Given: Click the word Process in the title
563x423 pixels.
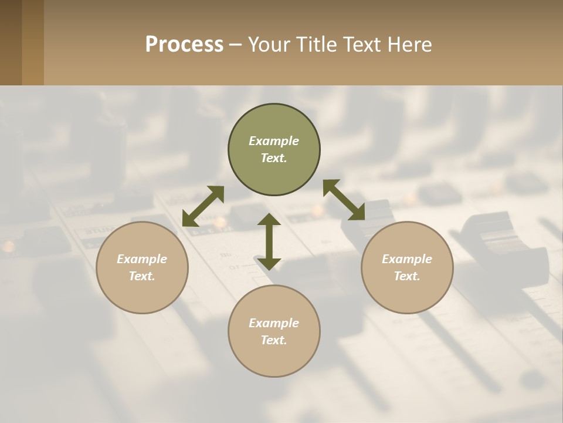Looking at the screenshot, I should (184, 45).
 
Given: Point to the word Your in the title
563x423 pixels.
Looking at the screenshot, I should (269, 45).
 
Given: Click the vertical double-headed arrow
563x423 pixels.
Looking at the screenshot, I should (269, 241).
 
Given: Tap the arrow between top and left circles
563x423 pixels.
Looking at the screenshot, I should (203, 206).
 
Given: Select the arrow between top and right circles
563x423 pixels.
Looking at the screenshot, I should (344, 200).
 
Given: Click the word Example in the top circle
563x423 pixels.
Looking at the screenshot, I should (274, 141).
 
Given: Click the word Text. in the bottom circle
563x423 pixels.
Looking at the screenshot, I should (274, 340).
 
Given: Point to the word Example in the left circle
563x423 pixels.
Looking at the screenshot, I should (142, 259).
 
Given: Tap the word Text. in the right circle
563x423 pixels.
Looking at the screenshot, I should (407, 276).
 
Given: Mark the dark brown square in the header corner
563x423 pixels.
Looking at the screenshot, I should (11, 42).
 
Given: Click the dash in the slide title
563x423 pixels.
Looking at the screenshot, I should (235, 45).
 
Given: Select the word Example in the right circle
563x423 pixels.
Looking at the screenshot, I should (407, 259).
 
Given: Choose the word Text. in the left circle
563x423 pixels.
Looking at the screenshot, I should (142, 276).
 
